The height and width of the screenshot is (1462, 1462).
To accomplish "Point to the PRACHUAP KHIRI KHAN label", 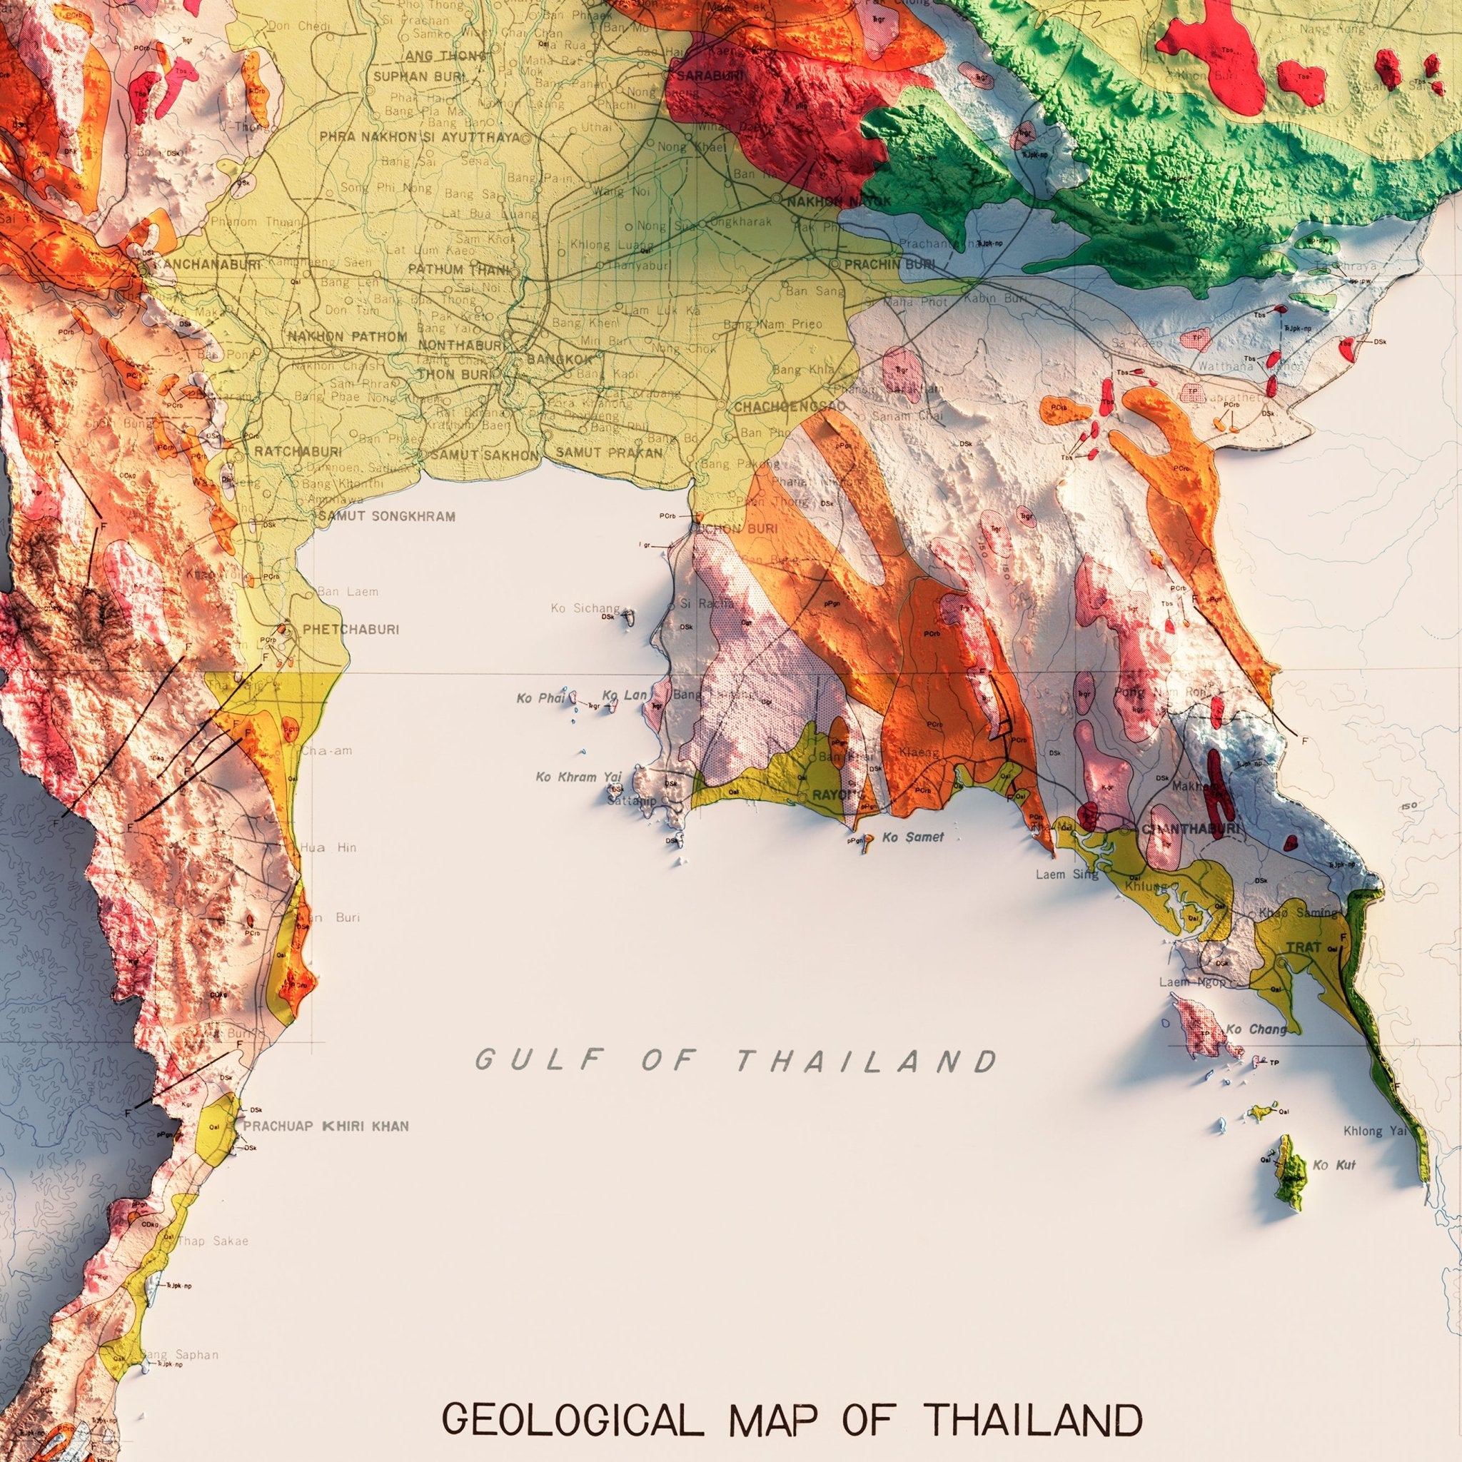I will [x=326, y=1126].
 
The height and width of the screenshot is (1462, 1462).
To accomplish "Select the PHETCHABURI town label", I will [x=350, y=629].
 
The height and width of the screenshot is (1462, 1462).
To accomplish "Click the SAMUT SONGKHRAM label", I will [x=387, y=517].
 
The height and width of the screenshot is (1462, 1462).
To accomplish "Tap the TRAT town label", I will [x=1305, y=947].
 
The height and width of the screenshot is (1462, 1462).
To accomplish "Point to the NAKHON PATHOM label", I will [x=346, y=337].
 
